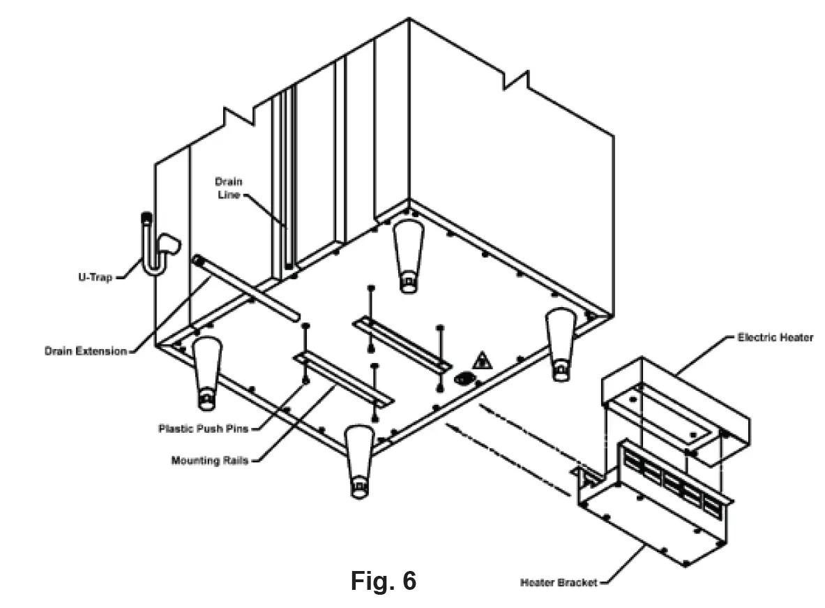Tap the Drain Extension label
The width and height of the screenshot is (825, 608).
pos(86,350)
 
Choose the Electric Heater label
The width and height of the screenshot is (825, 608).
pos(775,338)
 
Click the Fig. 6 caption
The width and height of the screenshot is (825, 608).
pos(383,580)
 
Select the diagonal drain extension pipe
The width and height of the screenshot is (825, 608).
pos(244,287)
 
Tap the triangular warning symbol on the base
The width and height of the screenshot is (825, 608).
pos(481,361)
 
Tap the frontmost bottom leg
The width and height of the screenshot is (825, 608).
pos(359,461)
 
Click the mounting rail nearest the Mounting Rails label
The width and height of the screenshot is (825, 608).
pos(343,380)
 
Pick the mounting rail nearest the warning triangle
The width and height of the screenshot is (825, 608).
pos(403,342)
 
